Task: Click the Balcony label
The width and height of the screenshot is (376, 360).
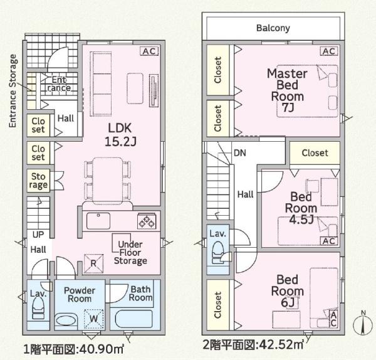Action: click(273, 28)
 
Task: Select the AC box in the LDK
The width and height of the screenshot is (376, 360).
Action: click(149, 51)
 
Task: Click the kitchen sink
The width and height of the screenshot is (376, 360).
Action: click(99, 221)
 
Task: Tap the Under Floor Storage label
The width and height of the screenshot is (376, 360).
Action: click(130, 251)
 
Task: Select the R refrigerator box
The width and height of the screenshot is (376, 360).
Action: click(93, 263)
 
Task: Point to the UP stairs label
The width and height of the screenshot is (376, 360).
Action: click(38, 235)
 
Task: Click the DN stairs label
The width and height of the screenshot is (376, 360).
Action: click(239, 152)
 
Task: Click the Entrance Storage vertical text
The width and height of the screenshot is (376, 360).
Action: click(13, 91)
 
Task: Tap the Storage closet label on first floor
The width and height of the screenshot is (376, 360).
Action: click(38, 181)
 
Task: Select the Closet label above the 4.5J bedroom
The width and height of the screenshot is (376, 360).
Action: click(314, 153)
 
